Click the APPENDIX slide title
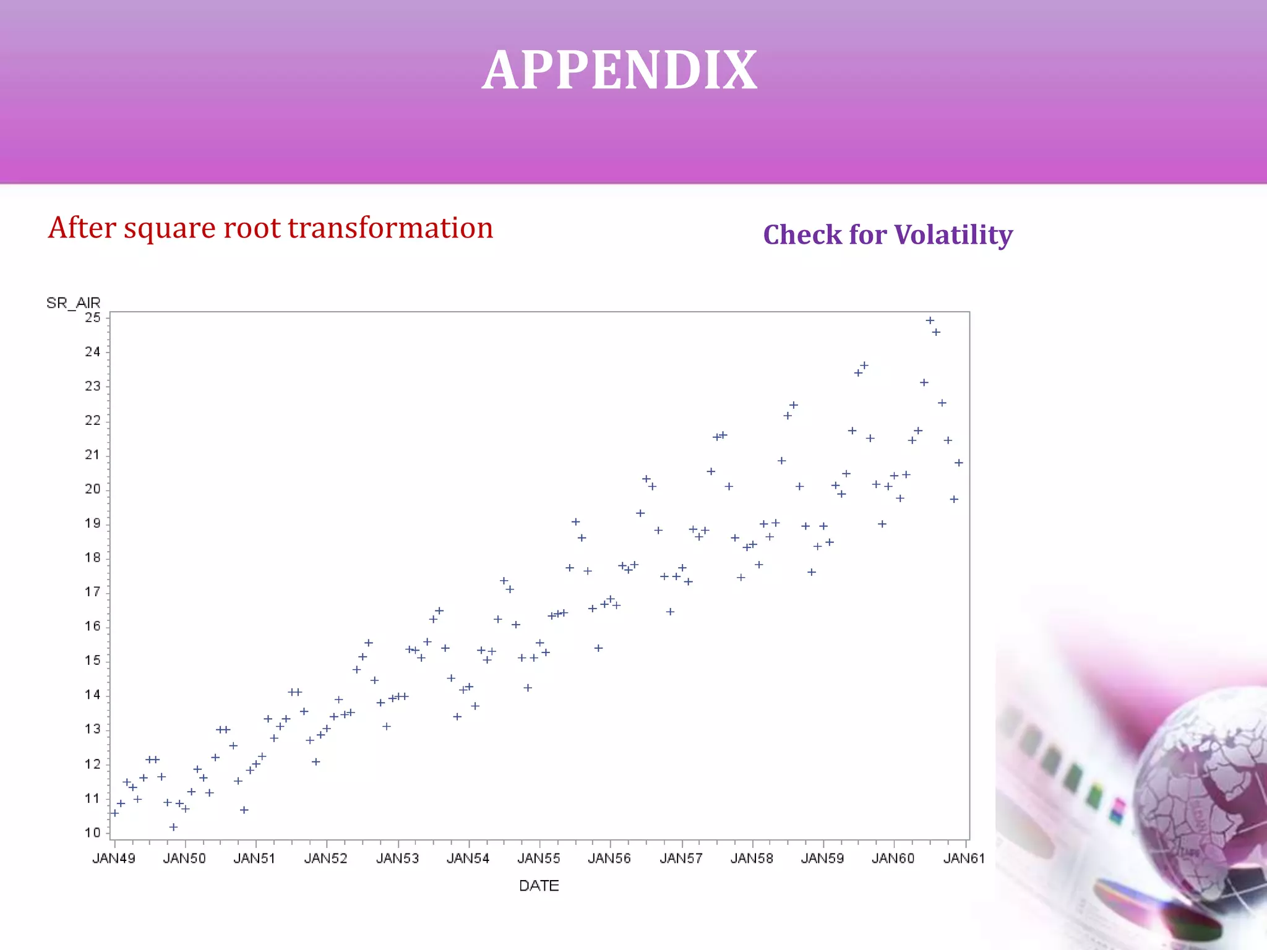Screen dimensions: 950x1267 click(619, 70)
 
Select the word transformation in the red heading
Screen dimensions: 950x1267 click(391, 228)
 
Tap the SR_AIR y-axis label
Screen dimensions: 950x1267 click(73, 302)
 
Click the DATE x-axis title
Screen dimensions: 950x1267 click(539, 886)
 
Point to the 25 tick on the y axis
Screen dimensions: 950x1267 click(93, 317)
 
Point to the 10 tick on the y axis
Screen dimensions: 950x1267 click(93, 832)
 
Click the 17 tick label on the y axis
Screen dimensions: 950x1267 click(93, 592)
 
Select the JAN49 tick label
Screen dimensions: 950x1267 click(114, 858)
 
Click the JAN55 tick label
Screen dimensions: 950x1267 click(539, 858)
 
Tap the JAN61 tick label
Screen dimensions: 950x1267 click(963, 858)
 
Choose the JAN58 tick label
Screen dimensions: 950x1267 click(752, 858)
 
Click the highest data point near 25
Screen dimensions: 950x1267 click(930, 320)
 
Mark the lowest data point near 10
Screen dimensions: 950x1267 click(174, 827)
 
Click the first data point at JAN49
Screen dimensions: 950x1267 click(114, 813)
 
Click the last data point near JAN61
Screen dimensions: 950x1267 click(959, 463)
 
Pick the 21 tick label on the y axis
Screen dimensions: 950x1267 click(93, 455)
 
